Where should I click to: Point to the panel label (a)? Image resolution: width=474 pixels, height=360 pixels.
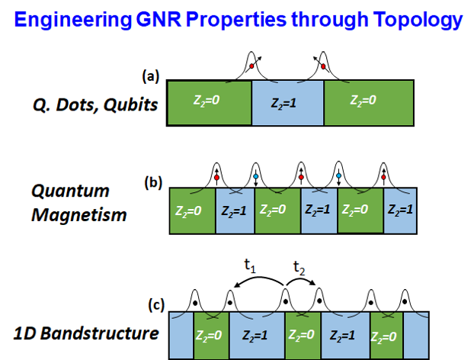(x=150, y=76)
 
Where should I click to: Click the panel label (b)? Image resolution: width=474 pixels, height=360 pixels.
(x=153, y=184)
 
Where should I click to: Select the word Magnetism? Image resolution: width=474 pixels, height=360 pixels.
(x=78, y=215)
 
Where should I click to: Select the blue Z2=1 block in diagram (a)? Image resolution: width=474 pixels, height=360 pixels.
(x=288, y=102)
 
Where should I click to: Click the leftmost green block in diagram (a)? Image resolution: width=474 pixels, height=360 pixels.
(x=209, y=102)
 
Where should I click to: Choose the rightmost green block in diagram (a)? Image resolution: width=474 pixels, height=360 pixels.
(x=370, y=102)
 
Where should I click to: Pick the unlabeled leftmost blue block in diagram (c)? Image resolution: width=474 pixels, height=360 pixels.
(x=180, y=335)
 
